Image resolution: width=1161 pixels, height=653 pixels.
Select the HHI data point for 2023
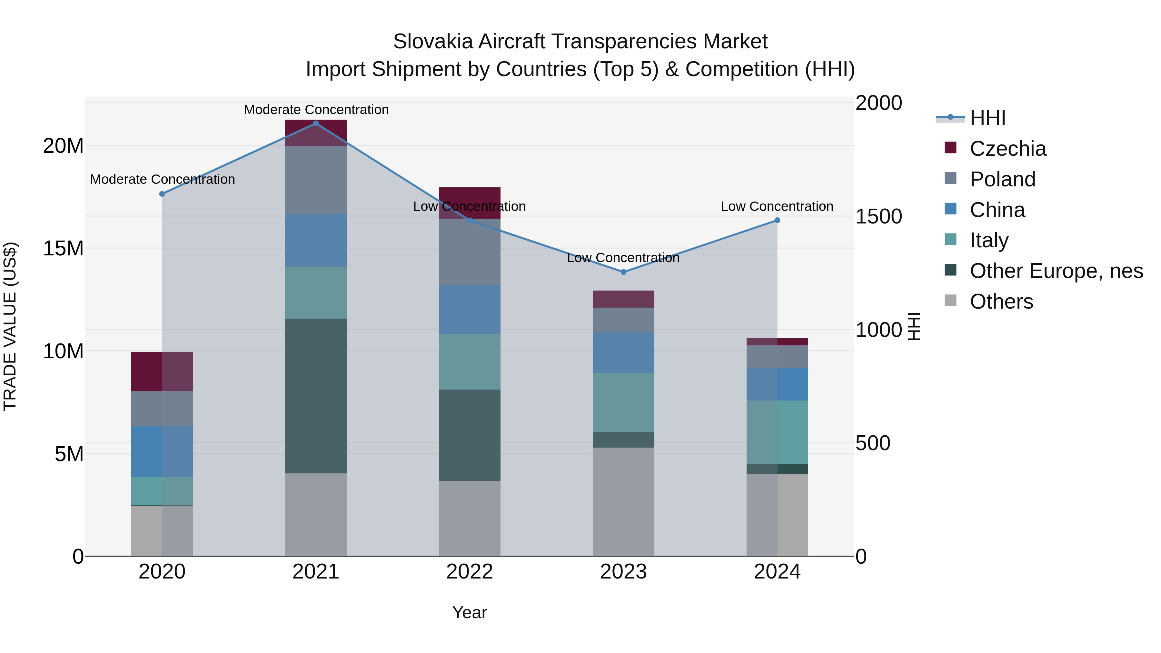point(623,272)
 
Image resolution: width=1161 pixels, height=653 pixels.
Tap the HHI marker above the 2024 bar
point(777,220)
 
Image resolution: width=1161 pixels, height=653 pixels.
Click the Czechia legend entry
point(1008,149)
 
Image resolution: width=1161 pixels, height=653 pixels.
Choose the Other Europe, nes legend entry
point(1056,271)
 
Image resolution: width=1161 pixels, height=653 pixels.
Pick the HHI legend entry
point(987,118)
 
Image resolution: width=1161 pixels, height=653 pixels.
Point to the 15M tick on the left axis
point(63,248)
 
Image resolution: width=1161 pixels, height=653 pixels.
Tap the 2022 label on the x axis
point(469,572)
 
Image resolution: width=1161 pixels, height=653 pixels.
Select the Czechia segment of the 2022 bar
point(469,203)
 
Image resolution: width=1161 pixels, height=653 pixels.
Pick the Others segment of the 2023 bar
point(623,501)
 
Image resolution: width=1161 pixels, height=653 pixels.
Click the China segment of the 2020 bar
point(162,451)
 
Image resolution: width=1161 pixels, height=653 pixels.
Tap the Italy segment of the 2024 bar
point(777,432)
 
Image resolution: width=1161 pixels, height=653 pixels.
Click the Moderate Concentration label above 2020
point(162,179)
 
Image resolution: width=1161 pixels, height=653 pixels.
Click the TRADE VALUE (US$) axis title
point(10,326)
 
